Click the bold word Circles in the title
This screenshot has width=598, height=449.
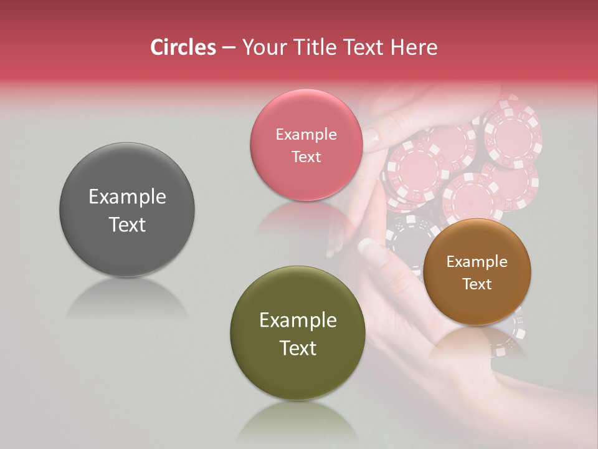[x=183, y=47]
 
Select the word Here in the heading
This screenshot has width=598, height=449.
[x=415, y=47]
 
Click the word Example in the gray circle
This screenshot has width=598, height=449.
[x=127, y=197]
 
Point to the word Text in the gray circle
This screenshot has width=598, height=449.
[x=127, y=224]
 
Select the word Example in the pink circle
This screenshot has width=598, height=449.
[x=306, y=135]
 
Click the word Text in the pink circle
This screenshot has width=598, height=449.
[x=306, y=157]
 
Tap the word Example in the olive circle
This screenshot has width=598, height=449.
[x=298, y=321]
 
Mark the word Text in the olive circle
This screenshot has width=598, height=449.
[x=298, y=348]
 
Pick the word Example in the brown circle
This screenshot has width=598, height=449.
[x=477, y=262]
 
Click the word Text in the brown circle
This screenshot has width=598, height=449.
[x=477, y=284]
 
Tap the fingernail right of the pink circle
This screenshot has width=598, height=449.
[x=371, y=138]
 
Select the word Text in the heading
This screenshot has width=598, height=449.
[x=369, y=47]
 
